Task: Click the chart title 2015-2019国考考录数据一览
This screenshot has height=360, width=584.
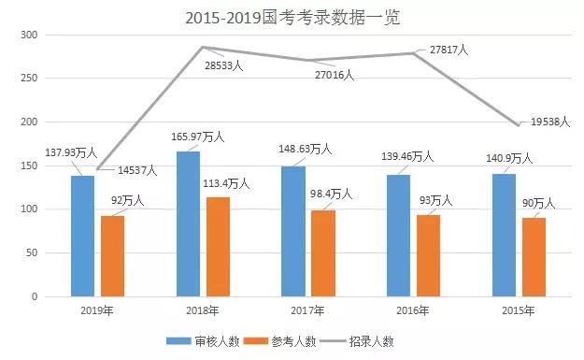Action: coord(292,17)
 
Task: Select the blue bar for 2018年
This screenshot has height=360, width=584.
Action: coord(187,223)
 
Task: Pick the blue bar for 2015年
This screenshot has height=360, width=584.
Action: coord(505,235)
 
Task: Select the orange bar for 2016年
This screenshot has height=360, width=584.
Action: coord(428,255)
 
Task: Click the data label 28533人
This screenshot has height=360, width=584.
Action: coord(224,65)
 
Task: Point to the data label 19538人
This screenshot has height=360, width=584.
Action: coord(550,120)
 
